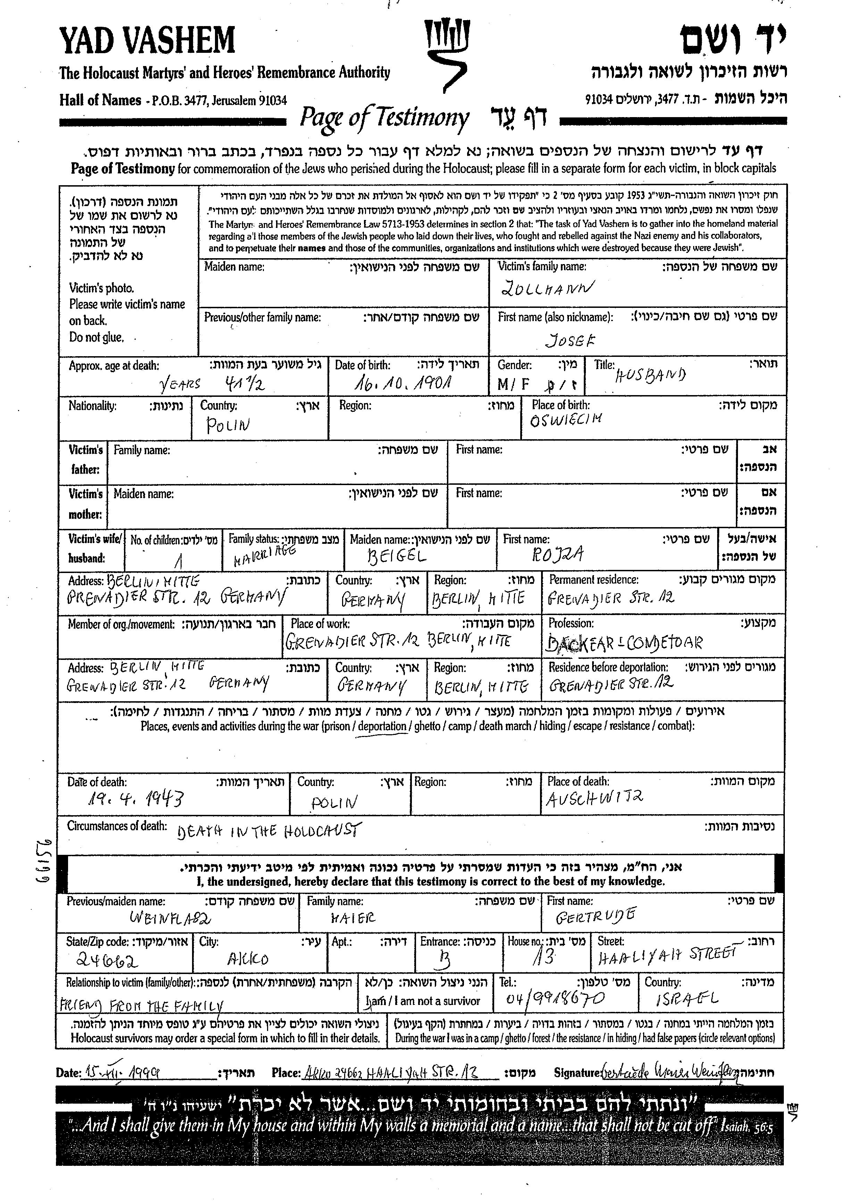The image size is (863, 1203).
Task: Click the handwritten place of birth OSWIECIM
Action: [566, 420]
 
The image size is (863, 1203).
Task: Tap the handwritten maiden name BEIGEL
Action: [397, 556]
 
